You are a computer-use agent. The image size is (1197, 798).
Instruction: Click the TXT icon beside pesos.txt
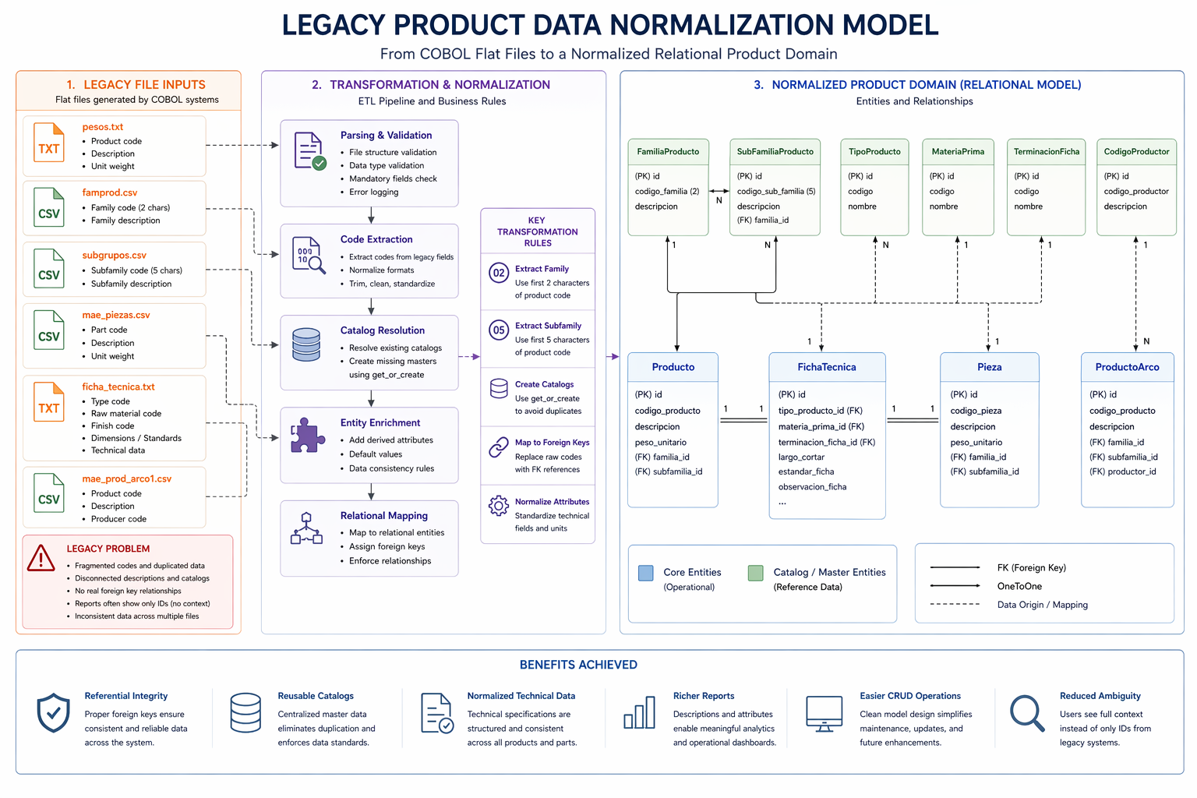point(48,143)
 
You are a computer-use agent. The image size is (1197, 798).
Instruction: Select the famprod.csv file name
point(110,192)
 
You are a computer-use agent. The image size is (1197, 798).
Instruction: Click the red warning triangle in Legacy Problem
point(41,558)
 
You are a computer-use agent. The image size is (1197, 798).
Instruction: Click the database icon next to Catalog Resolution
point(306,344)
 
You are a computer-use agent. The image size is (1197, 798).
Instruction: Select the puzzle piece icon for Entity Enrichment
point(307,436)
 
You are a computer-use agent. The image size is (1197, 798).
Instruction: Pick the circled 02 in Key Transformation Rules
point(499,273)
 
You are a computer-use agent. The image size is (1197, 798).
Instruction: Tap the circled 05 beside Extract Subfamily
point(499,330)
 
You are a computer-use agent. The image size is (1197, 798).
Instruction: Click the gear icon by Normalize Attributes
point(499,506)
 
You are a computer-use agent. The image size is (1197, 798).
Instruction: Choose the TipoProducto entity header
point(874,152)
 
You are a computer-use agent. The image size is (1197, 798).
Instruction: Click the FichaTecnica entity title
point(826,367)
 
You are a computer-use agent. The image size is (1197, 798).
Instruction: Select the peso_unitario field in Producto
point(660,442)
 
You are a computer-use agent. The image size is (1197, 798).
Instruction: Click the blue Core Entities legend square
point(645,574)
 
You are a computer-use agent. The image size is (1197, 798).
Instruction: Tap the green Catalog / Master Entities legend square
point(755,574)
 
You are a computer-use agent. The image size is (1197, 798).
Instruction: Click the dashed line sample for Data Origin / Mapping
point(955,604)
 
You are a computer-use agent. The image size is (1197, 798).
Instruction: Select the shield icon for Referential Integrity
point(54,713)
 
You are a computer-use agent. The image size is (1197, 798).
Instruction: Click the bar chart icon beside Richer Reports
point(639,713)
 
